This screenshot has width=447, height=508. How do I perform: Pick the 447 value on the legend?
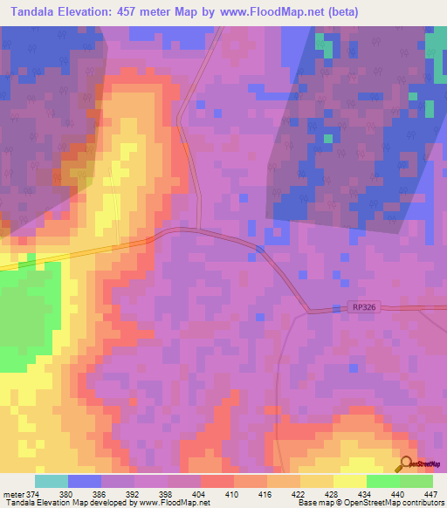coord(431,494)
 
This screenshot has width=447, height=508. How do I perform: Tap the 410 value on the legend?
coord(233,494)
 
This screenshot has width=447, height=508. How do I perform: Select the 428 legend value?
coord(333,494)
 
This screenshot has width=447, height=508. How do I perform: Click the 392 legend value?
coord(134,494)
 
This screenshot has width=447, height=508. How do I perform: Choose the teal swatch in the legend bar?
coord(52,481)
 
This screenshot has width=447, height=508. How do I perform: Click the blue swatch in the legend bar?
coord(85,481)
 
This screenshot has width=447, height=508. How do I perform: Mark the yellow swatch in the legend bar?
coord(349,481)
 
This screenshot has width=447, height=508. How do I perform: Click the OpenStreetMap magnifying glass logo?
coord(406,463)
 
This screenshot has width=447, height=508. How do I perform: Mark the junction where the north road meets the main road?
coord(198,230)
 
